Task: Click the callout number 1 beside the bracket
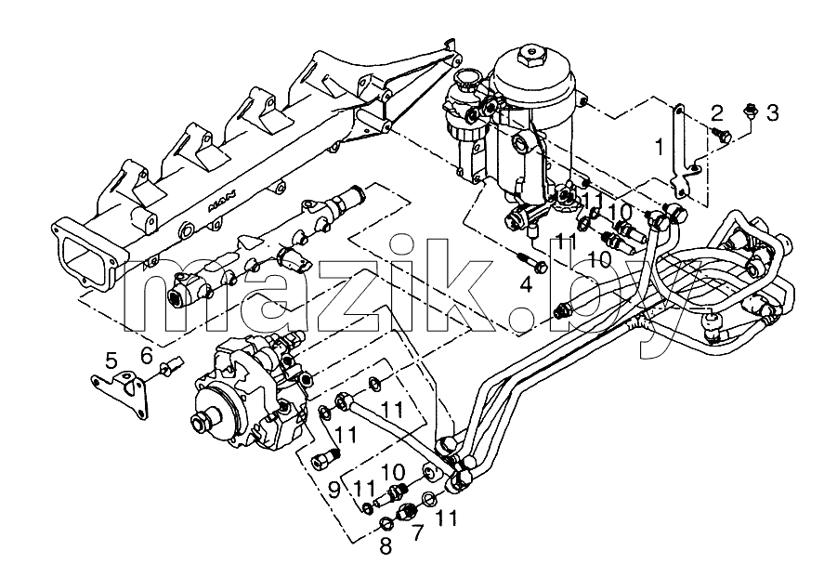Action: point(660,148)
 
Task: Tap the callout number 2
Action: point(717,112)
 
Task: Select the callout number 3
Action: point(772,112)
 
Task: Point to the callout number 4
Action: point(527,284)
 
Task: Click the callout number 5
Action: point(111,361)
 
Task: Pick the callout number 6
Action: point(147,355)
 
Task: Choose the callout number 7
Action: point(417,532)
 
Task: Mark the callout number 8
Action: point(386,546)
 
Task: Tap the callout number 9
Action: point(334,490)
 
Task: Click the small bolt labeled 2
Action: point(723,135)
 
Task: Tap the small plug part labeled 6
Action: point(173,365)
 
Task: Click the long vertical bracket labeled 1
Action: point(682,152)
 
